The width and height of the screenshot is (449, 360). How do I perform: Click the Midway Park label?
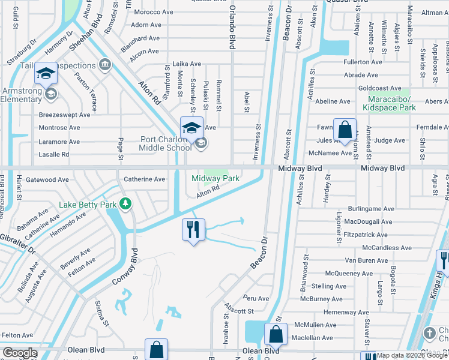[215, 179]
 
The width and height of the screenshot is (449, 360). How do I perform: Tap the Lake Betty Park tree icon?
[125, 205]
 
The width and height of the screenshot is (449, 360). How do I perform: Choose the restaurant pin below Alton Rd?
[193, 230]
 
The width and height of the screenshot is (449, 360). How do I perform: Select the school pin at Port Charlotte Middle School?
[191, 128]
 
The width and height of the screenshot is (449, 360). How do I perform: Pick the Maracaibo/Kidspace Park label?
[389, 103]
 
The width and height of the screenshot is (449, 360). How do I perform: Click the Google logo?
[20, 353]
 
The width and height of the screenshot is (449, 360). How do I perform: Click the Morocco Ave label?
[154, 12]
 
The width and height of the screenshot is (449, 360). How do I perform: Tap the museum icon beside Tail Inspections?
[106, 64]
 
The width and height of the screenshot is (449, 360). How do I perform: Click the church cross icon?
[429, 333]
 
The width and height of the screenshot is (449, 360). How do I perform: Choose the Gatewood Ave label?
[47, 179]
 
